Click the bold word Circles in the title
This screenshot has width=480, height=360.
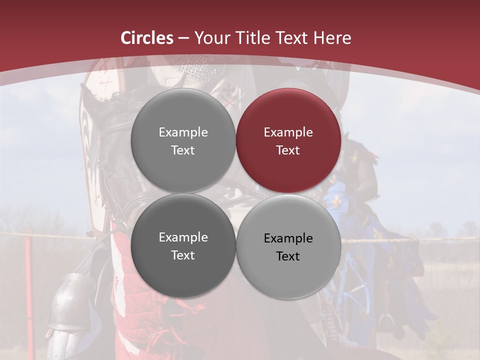147,38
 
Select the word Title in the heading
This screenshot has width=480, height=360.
255,38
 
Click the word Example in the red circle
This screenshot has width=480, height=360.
288,132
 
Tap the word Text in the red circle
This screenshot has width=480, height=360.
288,150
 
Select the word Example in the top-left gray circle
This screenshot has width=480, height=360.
183,132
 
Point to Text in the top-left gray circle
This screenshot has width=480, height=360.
183,150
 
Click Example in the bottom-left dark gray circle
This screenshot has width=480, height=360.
183,237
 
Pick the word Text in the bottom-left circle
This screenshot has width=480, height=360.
183,255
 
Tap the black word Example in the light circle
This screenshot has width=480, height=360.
288,238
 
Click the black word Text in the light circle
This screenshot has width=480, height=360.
288,256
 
